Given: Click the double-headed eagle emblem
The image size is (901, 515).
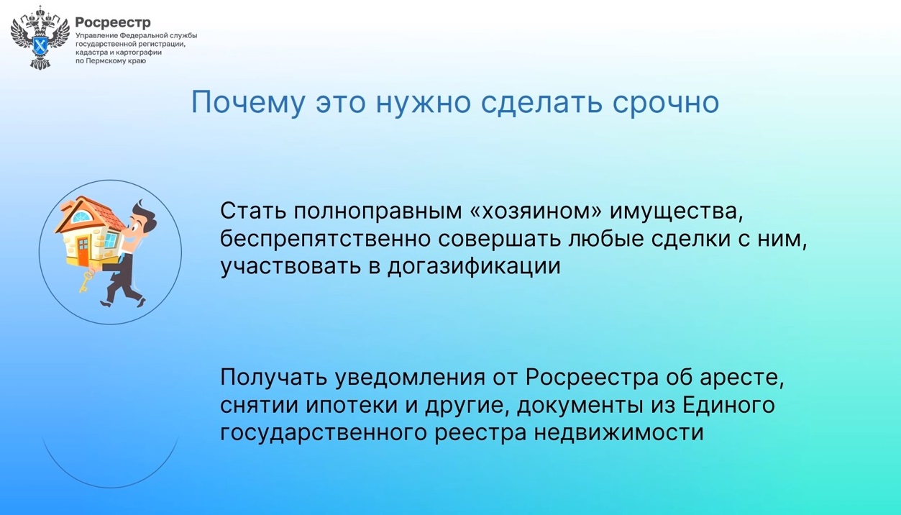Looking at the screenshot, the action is pyautogui.click(x=40, y=38).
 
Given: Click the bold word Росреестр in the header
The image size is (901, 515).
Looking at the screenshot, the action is pyautogui.click(x=113, y=22).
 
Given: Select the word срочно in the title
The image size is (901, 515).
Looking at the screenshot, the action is pyautogui.click(x=666, y=104).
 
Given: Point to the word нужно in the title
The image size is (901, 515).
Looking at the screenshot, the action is pyautogui.click(x=423, y=103).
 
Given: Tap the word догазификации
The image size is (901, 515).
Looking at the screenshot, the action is pyautogui.click(x=474, y=266).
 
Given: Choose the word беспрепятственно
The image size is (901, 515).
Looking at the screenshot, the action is pyautogui.click(x=326, y=239).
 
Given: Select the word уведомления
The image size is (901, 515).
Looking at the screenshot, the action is pyautogui.click(x=410, y=378).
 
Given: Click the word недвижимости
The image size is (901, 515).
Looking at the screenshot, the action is pyautogui.click(x=619, y=432).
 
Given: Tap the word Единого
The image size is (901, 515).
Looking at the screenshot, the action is pyautogui.click(x=728, y=405).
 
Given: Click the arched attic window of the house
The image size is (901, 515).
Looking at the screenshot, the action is pyautogui.click(x=82, y=217).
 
